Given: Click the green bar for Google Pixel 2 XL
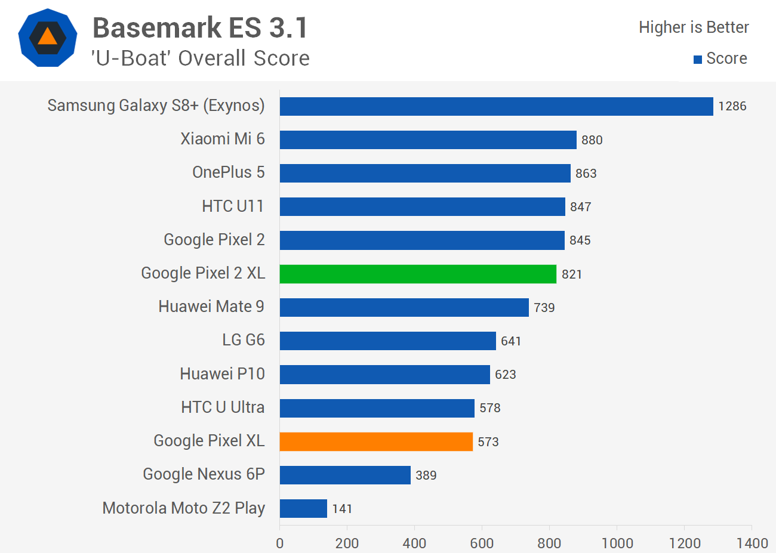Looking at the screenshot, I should (x=418, y=274).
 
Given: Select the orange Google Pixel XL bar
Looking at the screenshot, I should (x=376, y=441).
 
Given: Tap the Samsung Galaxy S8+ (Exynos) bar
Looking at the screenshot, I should (x=496, y=106).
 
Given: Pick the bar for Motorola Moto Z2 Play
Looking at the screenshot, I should (x=303, y=508).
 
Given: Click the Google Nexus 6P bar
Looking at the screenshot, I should (x=345, y=475).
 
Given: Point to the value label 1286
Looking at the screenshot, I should (x=732, y=106).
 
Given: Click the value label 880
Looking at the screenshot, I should (x=592, y=140).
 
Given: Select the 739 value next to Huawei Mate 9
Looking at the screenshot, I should (x=544, y=308).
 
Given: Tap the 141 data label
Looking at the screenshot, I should (x=342, y=509).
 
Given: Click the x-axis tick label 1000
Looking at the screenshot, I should (x=617, y=543).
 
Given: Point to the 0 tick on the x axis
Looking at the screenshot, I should (x=279, y=543).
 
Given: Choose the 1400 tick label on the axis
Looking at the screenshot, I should (x=752, y=543).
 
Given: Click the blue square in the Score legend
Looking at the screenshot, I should (x=697, y=59).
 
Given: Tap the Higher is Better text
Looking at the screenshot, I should (x=694, y=27).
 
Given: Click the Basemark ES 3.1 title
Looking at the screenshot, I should (x=200, y=28).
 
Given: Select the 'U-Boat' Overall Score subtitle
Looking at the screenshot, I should (x=200, y=58).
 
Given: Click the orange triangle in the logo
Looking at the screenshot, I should (x=47, y=37).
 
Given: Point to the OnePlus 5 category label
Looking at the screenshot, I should (x=228, y=172).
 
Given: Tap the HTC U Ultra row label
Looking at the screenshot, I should (x=223, y=407).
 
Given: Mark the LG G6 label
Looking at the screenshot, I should (x=243, y=340).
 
